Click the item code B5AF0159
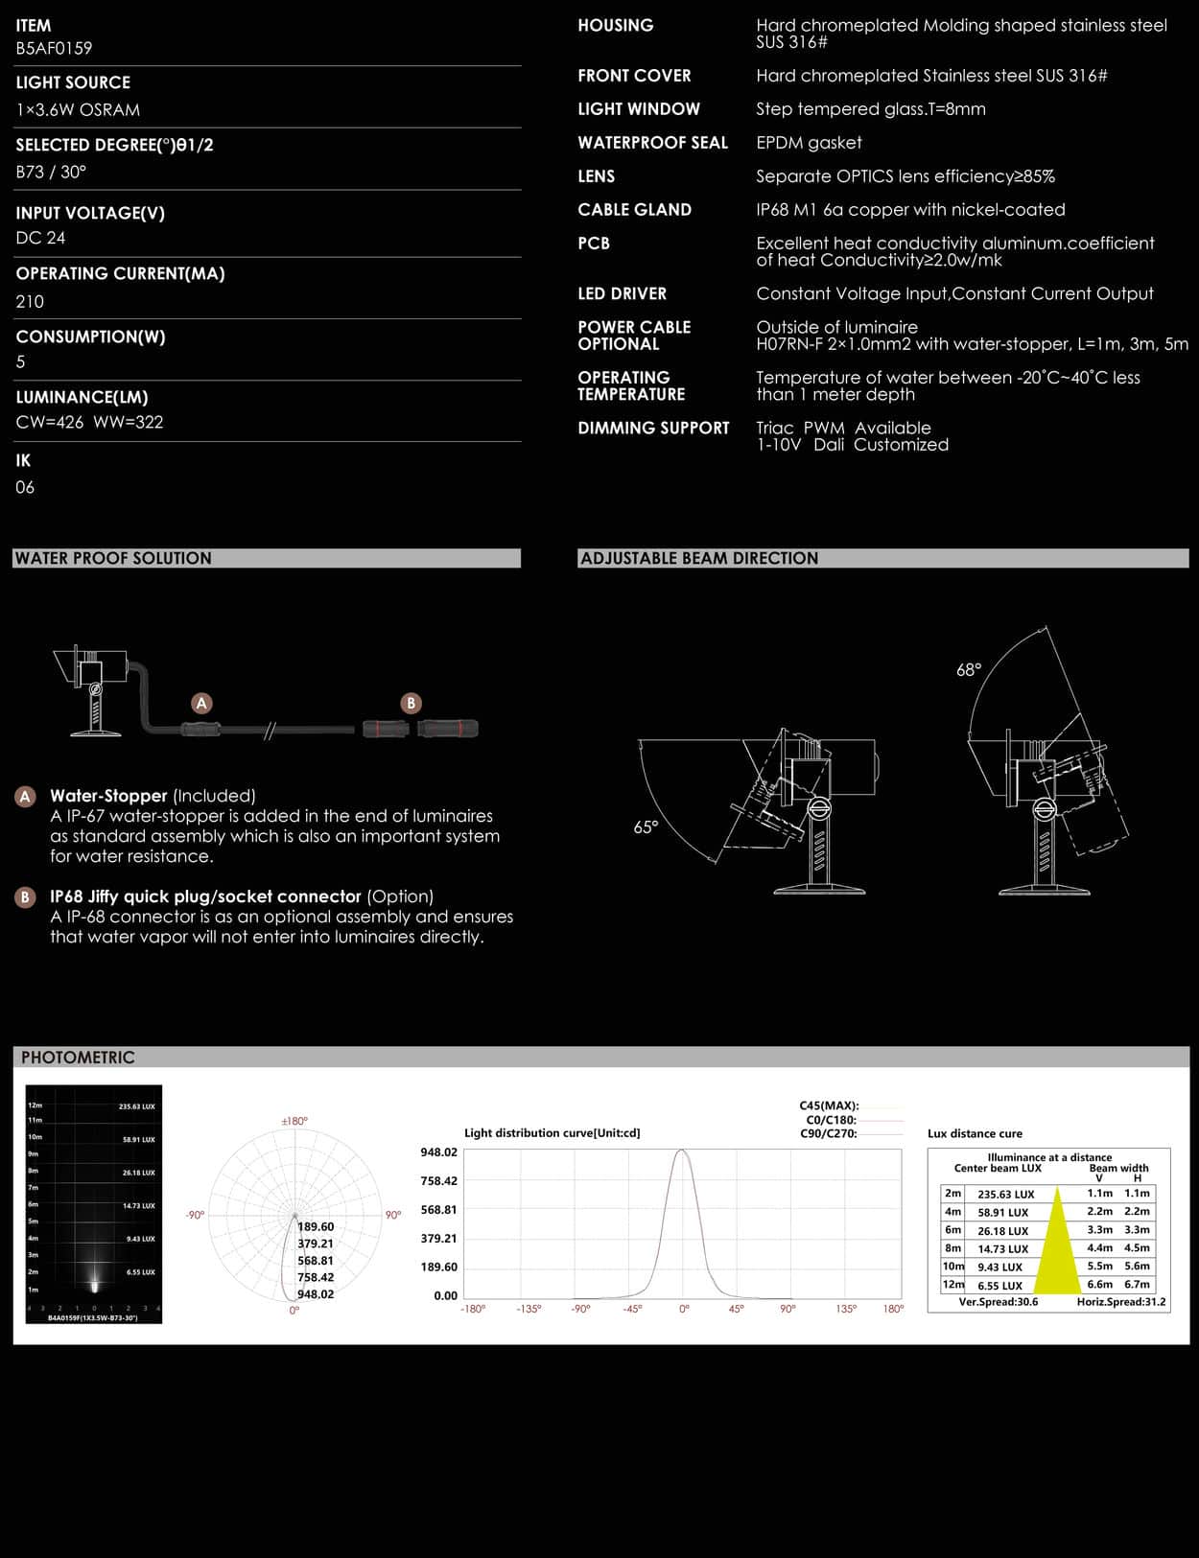[54, 48]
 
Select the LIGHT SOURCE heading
[73, 82]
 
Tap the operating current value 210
[30, 301]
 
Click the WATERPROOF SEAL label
[652, 143]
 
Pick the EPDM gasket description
[809, 143]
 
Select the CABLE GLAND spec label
[634, 210]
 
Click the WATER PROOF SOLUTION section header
[113, 558]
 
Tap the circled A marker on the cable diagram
[201, 703]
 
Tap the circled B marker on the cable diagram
[411, 703]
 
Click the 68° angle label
[969, 670]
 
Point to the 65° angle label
[646, 827]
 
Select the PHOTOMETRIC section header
[78, 1058]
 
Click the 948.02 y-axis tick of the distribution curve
[438, 1152]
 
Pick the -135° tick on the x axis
[529, 1309]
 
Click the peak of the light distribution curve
[682, 1151]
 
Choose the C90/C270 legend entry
[829, 1133]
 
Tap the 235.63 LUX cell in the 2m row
[1005, 1195]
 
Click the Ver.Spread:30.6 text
[998, 1302]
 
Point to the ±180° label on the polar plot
[294, 1121]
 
